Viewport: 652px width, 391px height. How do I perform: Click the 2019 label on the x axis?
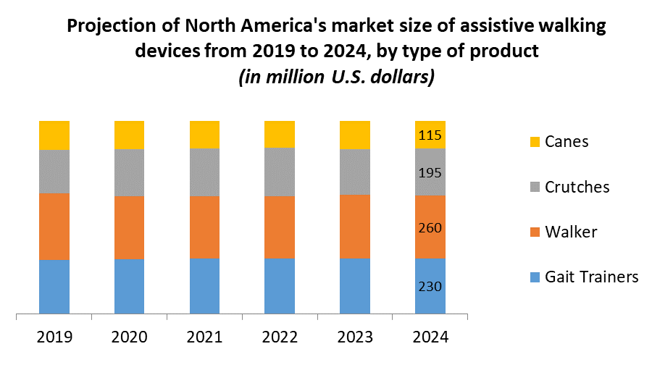54,337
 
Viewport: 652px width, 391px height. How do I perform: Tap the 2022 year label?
280,337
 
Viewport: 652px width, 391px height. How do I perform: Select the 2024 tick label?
430,337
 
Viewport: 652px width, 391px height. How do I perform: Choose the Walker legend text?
571,232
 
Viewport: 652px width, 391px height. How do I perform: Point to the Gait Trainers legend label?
592,277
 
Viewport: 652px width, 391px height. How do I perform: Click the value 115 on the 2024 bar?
430,135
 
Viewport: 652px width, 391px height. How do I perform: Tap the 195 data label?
430,173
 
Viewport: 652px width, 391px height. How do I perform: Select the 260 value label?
430,228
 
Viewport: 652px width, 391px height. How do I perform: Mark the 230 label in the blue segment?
430,286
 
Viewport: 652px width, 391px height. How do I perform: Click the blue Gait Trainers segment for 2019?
54,287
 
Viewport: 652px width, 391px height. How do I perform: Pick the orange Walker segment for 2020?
129,227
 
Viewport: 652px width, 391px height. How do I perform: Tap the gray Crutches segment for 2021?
204,172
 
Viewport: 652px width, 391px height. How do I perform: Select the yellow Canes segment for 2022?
280,134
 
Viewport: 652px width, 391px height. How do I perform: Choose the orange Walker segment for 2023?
355,227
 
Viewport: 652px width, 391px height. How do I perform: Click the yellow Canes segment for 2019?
54,135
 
